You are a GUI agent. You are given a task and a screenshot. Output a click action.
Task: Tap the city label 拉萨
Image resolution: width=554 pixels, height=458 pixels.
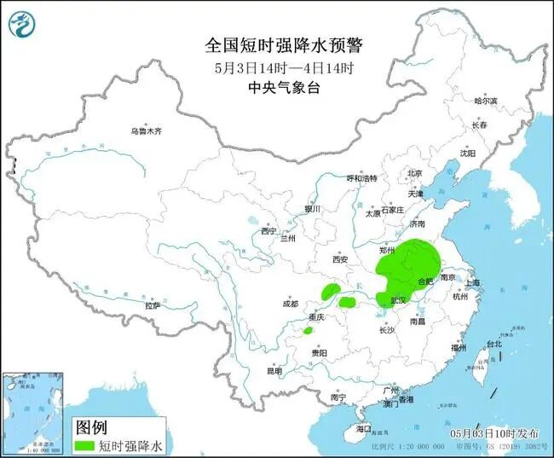click(x=153, y=304)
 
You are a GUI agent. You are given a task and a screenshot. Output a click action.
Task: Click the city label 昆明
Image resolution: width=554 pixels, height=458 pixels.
click(x=274, y=371)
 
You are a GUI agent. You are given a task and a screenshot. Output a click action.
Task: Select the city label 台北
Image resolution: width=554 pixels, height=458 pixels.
click(x=493, y=344)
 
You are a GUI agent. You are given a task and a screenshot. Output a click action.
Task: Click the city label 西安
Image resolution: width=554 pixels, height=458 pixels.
click(x=341, y=259)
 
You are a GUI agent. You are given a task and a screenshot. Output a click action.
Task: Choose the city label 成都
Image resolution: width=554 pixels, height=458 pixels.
click(x=291, y=304)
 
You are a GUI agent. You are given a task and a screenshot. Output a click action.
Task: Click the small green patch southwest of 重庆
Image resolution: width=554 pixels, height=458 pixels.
click(x=308, y=330)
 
